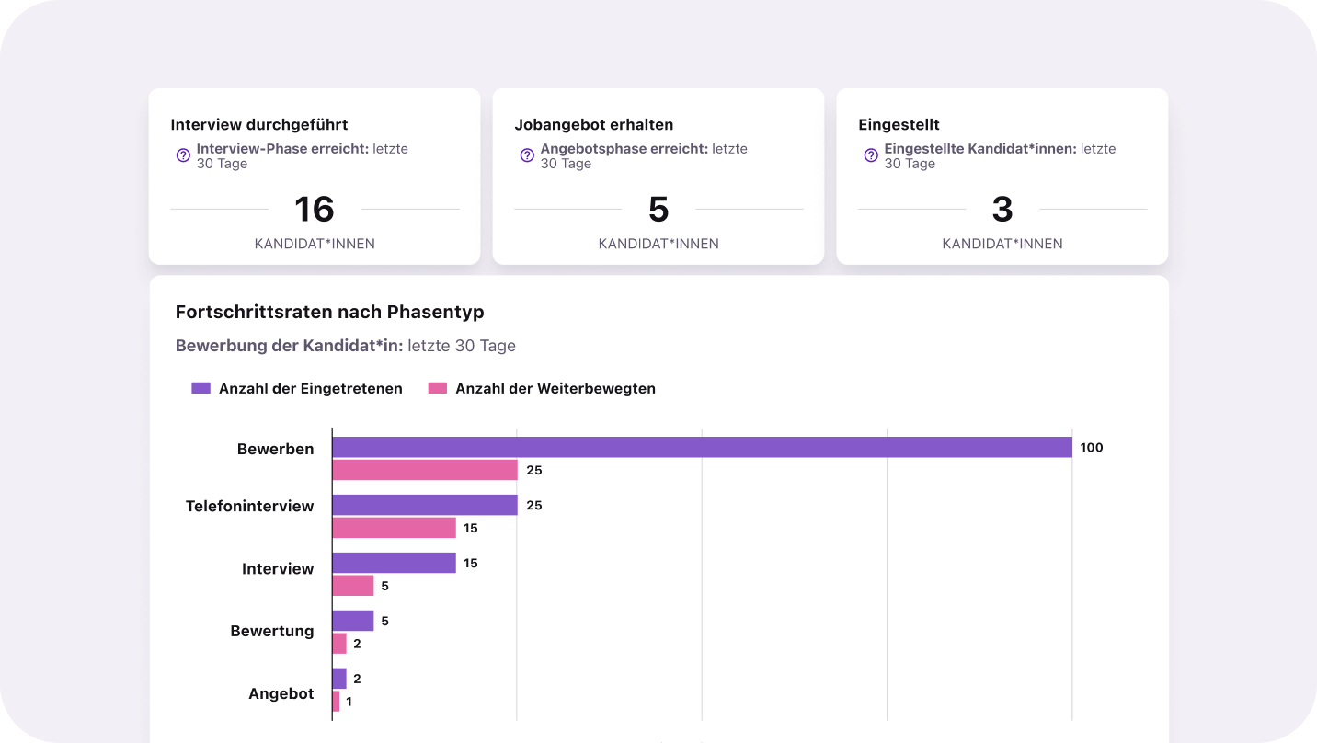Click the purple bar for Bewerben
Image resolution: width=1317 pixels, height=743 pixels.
pos(702,447)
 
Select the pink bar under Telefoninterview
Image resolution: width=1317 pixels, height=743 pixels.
pos(394,528)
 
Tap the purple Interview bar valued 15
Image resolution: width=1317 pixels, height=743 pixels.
pos(394,563)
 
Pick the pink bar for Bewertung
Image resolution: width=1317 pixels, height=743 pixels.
pos(339,644)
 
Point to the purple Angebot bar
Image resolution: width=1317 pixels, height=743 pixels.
pos(339,679)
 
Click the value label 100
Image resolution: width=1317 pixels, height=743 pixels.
pos(1092,448)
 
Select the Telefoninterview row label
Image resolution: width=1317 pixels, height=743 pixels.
pos(249,506)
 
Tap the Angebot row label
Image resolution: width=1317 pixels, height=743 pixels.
pos(281,693)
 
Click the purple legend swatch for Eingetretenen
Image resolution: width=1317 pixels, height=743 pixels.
pos(201,388)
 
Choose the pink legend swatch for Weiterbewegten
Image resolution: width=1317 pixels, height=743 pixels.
pos(438,388)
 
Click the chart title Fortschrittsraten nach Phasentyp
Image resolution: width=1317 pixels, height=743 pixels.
pos(329,312)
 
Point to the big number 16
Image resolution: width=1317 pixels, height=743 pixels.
pos(314,210)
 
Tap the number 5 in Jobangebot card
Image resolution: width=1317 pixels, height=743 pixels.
pos(658,210)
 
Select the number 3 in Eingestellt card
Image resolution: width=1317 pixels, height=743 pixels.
pos(1002,210)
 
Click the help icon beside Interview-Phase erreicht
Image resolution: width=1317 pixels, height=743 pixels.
pos(183,155)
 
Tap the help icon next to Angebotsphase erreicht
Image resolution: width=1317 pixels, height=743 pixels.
pos(527,155)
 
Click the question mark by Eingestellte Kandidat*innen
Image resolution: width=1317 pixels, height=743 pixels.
pos(871,155)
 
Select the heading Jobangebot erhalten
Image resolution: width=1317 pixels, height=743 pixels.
pos(594,124)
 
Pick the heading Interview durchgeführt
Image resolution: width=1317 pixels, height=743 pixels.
pos(259,124)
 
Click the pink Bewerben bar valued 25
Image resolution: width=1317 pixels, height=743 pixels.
pos(425,470)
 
